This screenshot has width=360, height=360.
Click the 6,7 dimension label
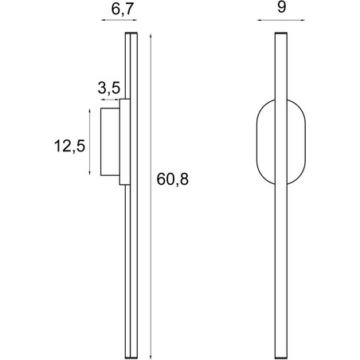point(122,10)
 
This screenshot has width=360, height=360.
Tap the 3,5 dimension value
point(109,88)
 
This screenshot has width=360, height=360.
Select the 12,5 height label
point(69,147)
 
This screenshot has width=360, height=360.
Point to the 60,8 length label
point(173,179)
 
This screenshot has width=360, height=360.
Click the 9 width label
point(281,7)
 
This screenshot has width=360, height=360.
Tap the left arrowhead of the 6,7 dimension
point(103,20)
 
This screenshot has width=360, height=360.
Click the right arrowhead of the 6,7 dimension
point(135,20)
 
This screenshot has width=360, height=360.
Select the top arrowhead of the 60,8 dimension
point(151,37)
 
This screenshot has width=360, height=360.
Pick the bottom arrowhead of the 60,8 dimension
point(151,356)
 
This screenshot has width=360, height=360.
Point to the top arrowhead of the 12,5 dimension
point(89,111)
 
